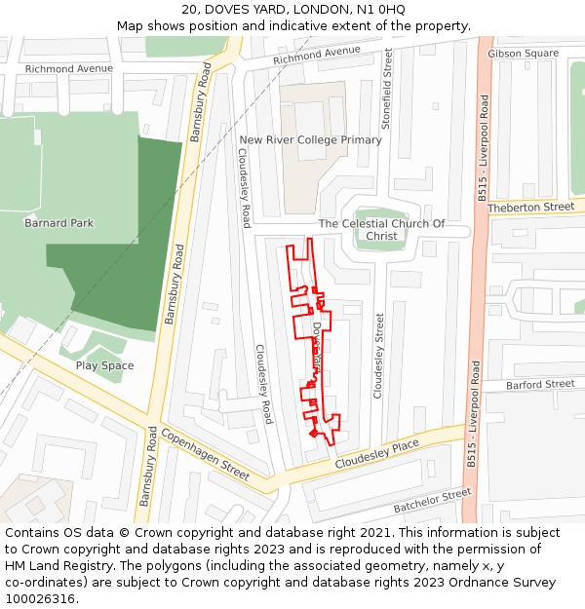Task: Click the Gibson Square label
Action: click(523, 54)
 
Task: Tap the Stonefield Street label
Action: click(387, 91)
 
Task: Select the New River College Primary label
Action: click(311, 140)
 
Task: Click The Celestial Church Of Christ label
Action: click(381, 230)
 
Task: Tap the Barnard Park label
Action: click(59, 223)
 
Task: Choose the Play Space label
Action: click(105, 366)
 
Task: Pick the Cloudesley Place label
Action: click(376, 455)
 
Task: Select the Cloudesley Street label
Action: click(379, 355)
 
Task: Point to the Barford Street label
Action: click(540, 385)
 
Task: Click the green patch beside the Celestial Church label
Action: click(380, 222)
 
